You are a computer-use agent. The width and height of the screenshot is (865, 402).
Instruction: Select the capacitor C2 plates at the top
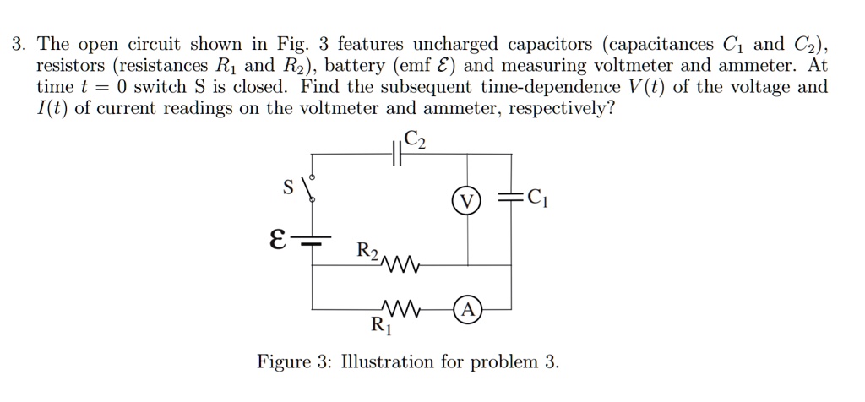coord(398,154)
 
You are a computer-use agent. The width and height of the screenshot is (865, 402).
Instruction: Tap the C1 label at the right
coord(537,199)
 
